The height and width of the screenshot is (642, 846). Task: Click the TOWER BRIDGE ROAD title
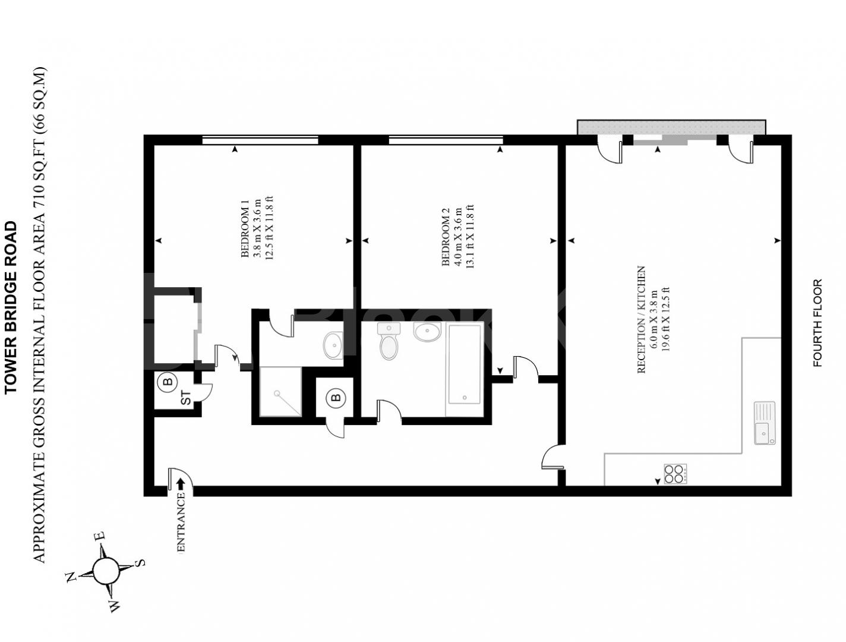click(x=11, y=307)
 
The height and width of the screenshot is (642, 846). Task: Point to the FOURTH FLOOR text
click(x=817, y=323)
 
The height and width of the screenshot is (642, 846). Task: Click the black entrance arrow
click(x=181, y=484)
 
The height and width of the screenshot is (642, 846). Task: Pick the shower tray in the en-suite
click(x=280, y=391)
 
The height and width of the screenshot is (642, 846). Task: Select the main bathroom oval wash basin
click(x=427, y=332)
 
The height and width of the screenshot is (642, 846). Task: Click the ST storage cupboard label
click(x=186, y=398)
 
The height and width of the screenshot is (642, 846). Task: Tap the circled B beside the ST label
click(x=168, y=382)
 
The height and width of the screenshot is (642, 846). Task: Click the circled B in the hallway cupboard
click(x=336, y=397)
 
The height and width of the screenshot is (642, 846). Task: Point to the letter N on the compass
click(x=71, y=576)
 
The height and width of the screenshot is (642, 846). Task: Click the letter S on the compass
click(x=140, y=562)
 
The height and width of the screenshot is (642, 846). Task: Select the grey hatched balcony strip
click(x=671, y=127)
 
